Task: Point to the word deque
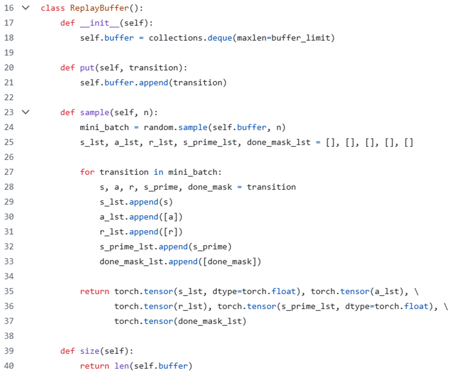click(220, 38)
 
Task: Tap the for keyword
click(87, 172)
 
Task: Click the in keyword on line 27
click(158, 172)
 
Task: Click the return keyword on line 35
click(94, 291)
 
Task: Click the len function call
click(121, 366)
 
